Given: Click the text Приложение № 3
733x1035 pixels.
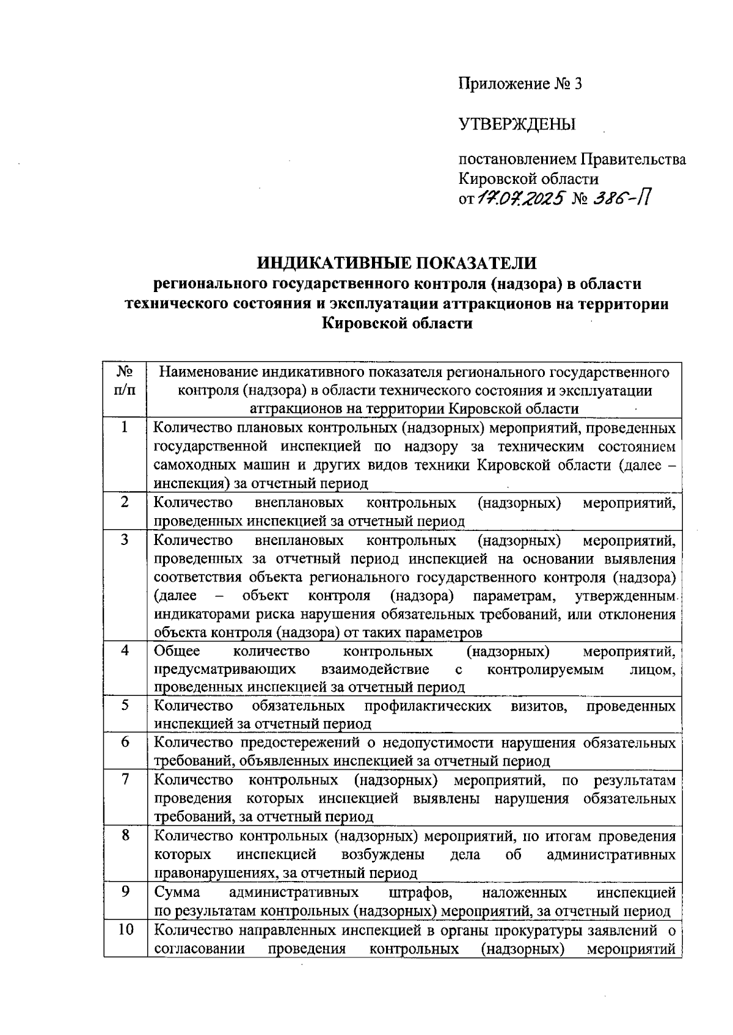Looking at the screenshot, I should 520,84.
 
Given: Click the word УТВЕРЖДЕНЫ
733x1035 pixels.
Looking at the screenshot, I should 517,125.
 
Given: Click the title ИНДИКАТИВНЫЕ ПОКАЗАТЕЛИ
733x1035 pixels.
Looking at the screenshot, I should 396,263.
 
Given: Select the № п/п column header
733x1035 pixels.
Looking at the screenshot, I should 125,381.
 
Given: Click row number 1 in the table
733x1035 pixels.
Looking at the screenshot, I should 125,428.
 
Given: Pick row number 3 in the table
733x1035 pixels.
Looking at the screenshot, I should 125,540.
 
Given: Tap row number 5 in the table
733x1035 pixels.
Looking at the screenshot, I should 125,706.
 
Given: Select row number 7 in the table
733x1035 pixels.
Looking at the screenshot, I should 125,780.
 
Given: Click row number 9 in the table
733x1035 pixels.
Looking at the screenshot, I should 125,892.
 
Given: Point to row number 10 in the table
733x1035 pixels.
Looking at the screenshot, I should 125,930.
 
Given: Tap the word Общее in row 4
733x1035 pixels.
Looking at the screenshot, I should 177,651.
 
